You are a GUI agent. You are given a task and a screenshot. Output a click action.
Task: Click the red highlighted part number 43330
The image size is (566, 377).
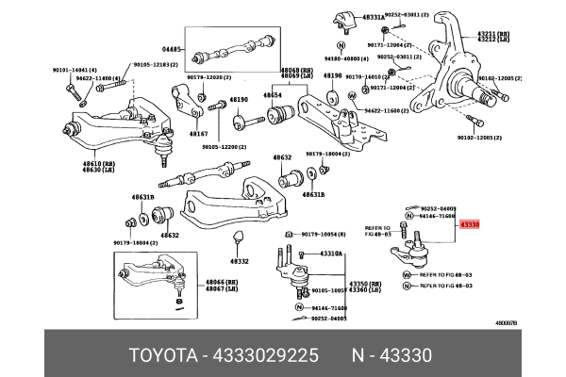tap(470, 225)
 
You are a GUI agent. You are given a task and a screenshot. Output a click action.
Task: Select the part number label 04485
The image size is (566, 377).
tap(170, 48)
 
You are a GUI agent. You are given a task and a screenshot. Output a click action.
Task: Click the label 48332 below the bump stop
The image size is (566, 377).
tap(239, 261)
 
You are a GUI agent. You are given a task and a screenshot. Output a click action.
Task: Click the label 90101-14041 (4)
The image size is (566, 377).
tap(75, 70)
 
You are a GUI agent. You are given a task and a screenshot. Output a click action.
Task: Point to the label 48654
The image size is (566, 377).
tap(273, 95)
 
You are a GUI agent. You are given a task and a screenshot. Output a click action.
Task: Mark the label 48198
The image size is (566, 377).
tap(332, 75)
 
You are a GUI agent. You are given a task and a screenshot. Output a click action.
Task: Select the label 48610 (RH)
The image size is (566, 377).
tap(78, 163)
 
